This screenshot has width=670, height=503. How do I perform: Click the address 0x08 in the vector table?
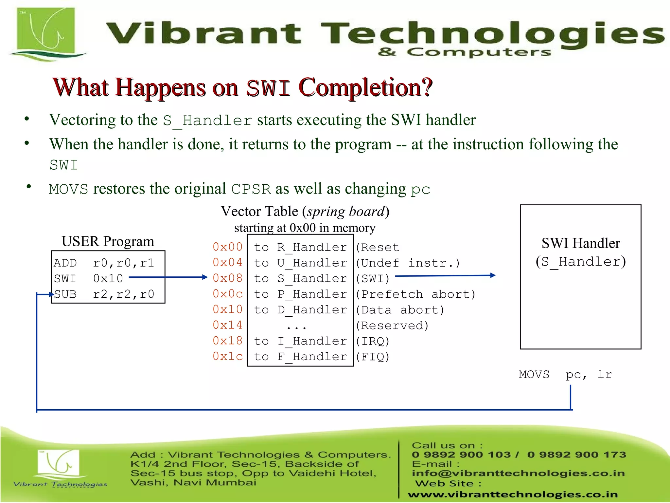[227, 278]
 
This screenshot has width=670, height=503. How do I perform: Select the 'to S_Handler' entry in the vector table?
[300, 279]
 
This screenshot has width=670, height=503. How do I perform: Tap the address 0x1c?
[227, 357]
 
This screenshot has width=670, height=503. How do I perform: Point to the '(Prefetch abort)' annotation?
[415, 294]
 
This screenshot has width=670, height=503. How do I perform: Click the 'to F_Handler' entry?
[300, 357]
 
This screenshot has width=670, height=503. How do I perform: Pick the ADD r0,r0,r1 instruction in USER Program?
[104, 263]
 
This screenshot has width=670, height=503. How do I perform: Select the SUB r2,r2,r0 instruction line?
[104, 294]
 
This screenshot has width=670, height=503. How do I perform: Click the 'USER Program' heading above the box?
[108, 242]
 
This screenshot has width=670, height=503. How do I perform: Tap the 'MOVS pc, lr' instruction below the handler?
[565, 374]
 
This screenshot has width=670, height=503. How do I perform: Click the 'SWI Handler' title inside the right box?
[581, 243]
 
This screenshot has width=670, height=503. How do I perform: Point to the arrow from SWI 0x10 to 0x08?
[168, 277]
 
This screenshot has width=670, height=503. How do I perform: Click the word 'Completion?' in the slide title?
[365, 88]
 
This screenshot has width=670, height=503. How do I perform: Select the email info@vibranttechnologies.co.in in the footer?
[518, 473]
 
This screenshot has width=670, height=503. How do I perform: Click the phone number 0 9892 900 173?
[576, 455]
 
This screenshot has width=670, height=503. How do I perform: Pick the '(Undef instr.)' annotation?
[408, 263]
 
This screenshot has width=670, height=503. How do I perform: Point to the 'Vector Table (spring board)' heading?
[305, 212]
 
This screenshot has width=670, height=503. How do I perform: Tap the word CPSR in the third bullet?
[251, 189]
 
